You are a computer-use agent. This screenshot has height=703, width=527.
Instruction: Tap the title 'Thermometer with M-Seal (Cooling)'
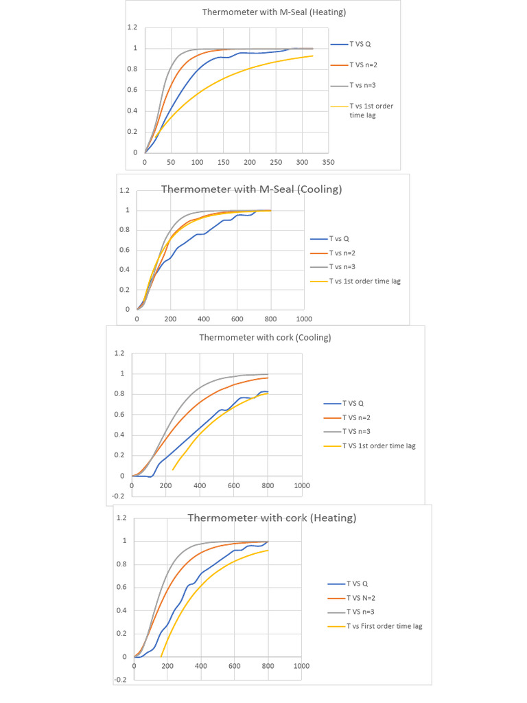(x=251, y=189)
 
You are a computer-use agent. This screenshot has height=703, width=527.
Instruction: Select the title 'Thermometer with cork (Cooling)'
(x=265, y=337)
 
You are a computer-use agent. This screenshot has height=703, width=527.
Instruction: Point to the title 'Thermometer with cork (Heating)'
(x=272, y=518)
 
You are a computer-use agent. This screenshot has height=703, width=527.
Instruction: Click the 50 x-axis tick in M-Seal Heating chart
(x=171, y=163)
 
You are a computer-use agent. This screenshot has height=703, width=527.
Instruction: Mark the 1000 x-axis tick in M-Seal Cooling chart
(x=304, y=320)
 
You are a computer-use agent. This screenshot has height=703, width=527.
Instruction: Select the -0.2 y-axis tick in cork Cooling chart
(x=119, y=496)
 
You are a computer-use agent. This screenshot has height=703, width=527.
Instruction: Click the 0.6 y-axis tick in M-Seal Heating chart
(x=132, y=90)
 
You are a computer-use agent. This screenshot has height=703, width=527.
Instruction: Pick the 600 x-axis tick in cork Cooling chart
(x=234, y=486)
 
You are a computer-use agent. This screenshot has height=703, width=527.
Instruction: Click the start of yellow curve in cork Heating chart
(x=161, y=656)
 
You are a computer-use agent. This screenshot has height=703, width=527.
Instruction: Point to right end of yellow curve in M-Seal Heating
(x=313, y=56)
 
